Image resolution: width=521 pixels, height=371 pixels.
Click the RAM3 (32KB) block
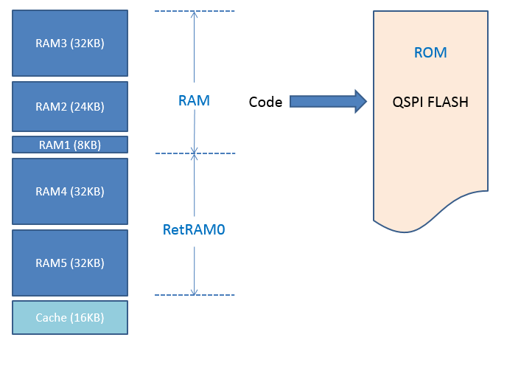point(70,44)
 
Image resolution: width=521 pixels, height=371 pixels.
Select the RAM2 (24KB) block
point(70,107)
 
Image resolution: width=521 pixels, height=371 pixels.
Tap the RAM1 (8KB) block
point(70,145)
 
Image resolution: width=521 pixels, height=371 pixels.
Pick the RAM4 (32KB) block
point(70,192)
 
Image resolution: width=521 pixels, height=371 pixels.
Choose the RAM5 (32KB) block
point(70,263)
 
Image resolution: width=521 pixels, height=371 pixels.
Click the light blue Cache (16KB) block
point(70,317)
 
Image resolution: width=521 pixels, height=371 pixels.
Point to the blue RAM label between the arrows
point(194,100)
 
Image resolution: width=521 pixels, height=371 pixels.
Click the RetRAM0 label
point(194,229)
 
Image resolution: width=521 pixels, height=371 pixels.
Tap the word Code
point(265,102)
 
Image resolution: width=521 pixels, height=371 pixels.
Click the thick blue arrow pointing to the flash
point(328,101)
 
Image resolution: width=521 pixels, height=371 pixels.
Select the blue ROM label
point(430,52)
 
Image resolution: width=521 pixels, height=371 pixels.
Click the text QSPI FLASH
point(430,102)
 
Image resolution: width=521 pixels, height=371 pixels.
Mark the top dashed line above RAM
point(195,11)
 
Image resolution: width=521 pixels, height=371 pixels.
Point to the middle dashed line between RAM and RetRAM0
point(195,153)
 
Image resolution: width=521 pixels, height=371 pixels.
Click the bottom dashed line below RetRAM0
point(195,295)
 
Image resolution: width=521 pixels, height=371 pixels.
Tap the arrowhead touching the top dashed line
point(195,14)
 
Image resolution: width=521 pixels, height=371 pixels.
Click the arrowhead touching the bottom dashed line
point(194,292)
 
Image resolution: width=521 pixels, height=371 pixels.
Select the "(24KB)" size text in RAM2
point(87,107)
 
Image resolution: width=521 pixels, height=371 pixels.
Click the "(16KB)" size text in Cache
point(87,318)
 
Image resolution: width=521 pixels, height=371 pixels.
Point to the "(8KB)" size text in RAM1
point(87,145)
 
